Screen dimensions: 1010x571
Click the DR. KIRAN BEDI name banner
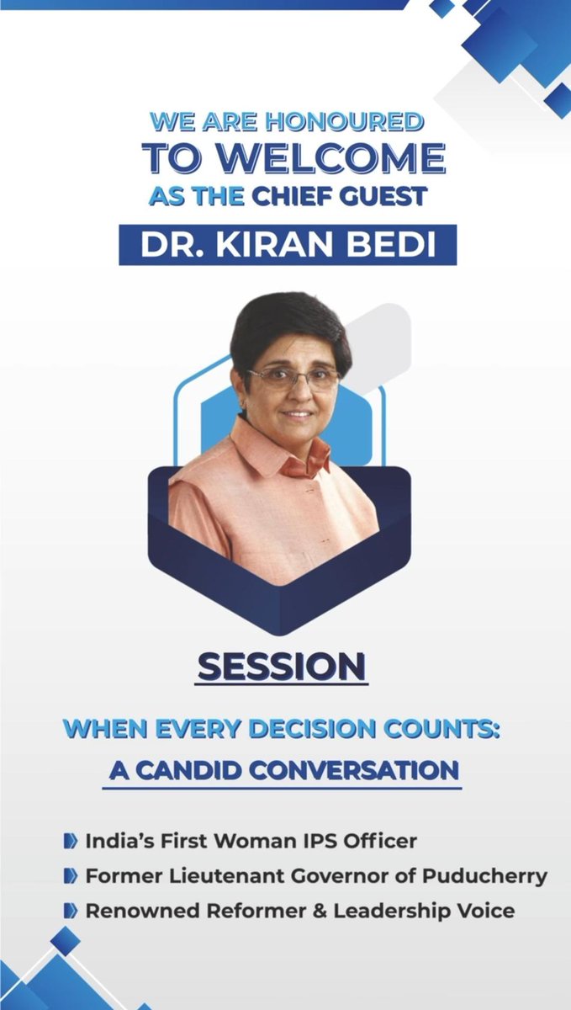(x=288, y=244)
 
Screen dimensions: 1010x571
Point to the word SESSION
(x=283, y=667)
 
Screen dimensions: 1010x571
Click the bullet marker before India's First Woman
(x=71, y=840)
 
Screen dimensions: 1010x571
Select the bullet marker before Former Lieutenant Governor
(x=71, y=875)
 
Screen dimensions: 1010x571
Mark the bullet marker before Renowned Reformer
(x=71, y=911)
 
